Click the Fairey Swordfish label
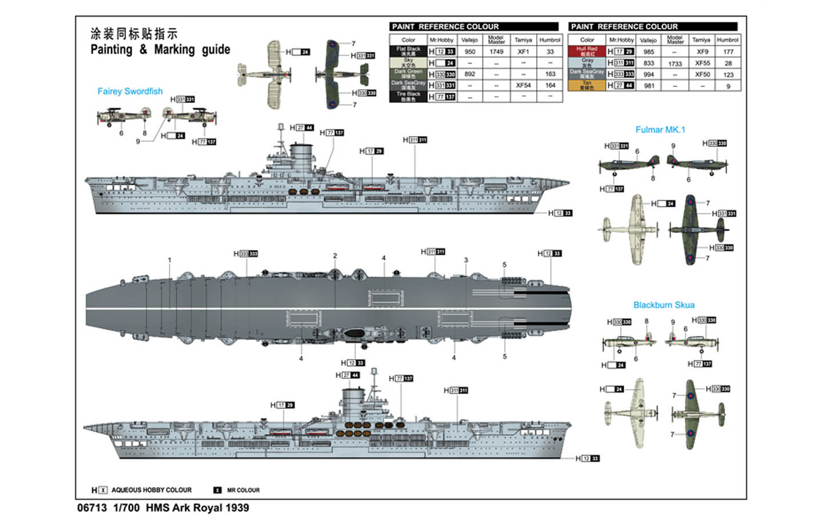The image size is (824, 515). click(x=130, y=92)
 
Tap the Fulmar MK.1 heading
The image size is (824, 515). click(x=660, y=130)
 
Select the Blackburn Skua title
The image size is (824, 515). click(x=664, y=305)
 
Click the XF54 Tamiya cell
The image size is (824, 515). click(x=523, y=85)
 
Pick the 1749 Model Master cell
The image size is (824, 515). click(x=496, y=51)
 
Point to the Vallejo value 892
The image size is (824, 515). click(x=470, y=74)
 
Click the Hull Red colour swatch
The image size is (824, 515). click(x=587, y=51)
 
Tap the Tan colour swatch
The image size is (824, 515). click(x=587, y=85)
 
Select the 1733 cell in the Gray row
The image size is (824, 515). click(x=675, y=64)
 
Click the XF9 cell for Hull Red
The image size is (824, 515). click(x=702, y=51)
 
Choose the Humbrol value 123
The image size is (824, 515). click(x=728, y=74)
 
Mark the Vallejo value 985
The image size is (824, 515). click(x=648, y=51)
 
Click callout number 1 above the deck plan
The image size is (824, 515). click(x=169, y=260)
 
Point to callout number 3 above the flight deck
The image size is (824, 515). click(x=466, y=260)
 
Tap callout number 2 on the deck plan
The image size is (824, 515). click(x=335, y=256)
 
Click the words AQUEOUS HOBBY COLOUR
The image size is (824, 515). click(x=152, y=490)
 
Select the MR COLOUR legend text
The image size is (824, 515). click(x=243, y=490)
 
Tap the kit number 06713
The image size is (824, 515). click(x=92, y=508)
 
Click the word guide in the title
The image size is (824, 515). click(x=216, y=50)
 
